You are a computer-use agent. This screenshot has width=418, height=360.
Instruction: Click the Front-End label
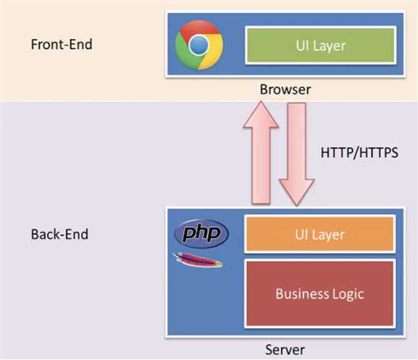click(61, 44)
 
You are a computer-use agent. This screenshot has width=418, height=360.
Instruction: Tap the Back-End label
click(59, 234)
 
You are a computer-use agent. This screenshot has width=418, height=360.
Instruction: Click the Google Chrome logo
click(199, 45)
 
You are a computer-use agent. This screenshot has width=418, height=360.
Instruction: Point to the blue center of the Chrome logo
click(199, 45)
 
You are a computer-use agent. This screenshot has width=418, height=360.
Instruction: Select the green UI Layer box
click(321, 45)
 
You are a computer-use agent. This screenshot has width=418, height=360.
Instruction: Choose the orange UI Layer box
click(320, 234)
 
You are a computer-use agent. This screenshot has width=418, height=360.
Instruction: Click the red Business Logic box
click(320, 294)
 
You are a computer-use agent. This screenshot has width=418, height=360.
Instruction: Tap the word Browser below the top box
click(285, 89)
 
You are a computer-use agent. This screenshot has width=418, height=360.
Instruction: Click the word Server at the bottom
click(285, 350)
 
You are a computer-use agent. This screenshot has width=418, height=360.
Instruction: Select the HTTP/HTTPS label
click(360, 152)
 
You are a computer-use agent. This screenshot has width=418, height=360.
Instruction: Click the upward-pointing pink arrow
click(261, 153)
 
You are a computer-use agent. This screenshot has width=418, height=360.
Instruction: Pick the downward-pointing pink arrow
click(297, 154)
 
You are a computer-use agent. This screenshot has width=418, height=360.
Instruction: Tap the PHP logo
click(201, 234)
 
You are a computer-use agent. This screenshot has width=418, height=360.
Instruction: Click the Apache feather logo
click(198, 260)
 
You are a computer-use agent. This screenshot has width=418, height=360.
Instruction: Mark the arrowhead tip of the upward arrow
click(261, 101)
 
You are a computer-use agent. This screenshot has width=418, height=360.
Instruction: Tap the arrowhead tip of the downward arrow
click(297, 206)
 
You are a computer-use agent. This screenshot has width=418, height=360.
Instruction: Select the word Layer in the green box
click(329, 46)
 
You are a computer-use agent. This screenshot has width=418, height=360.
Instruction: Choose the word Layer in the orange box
click(328, 235)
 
